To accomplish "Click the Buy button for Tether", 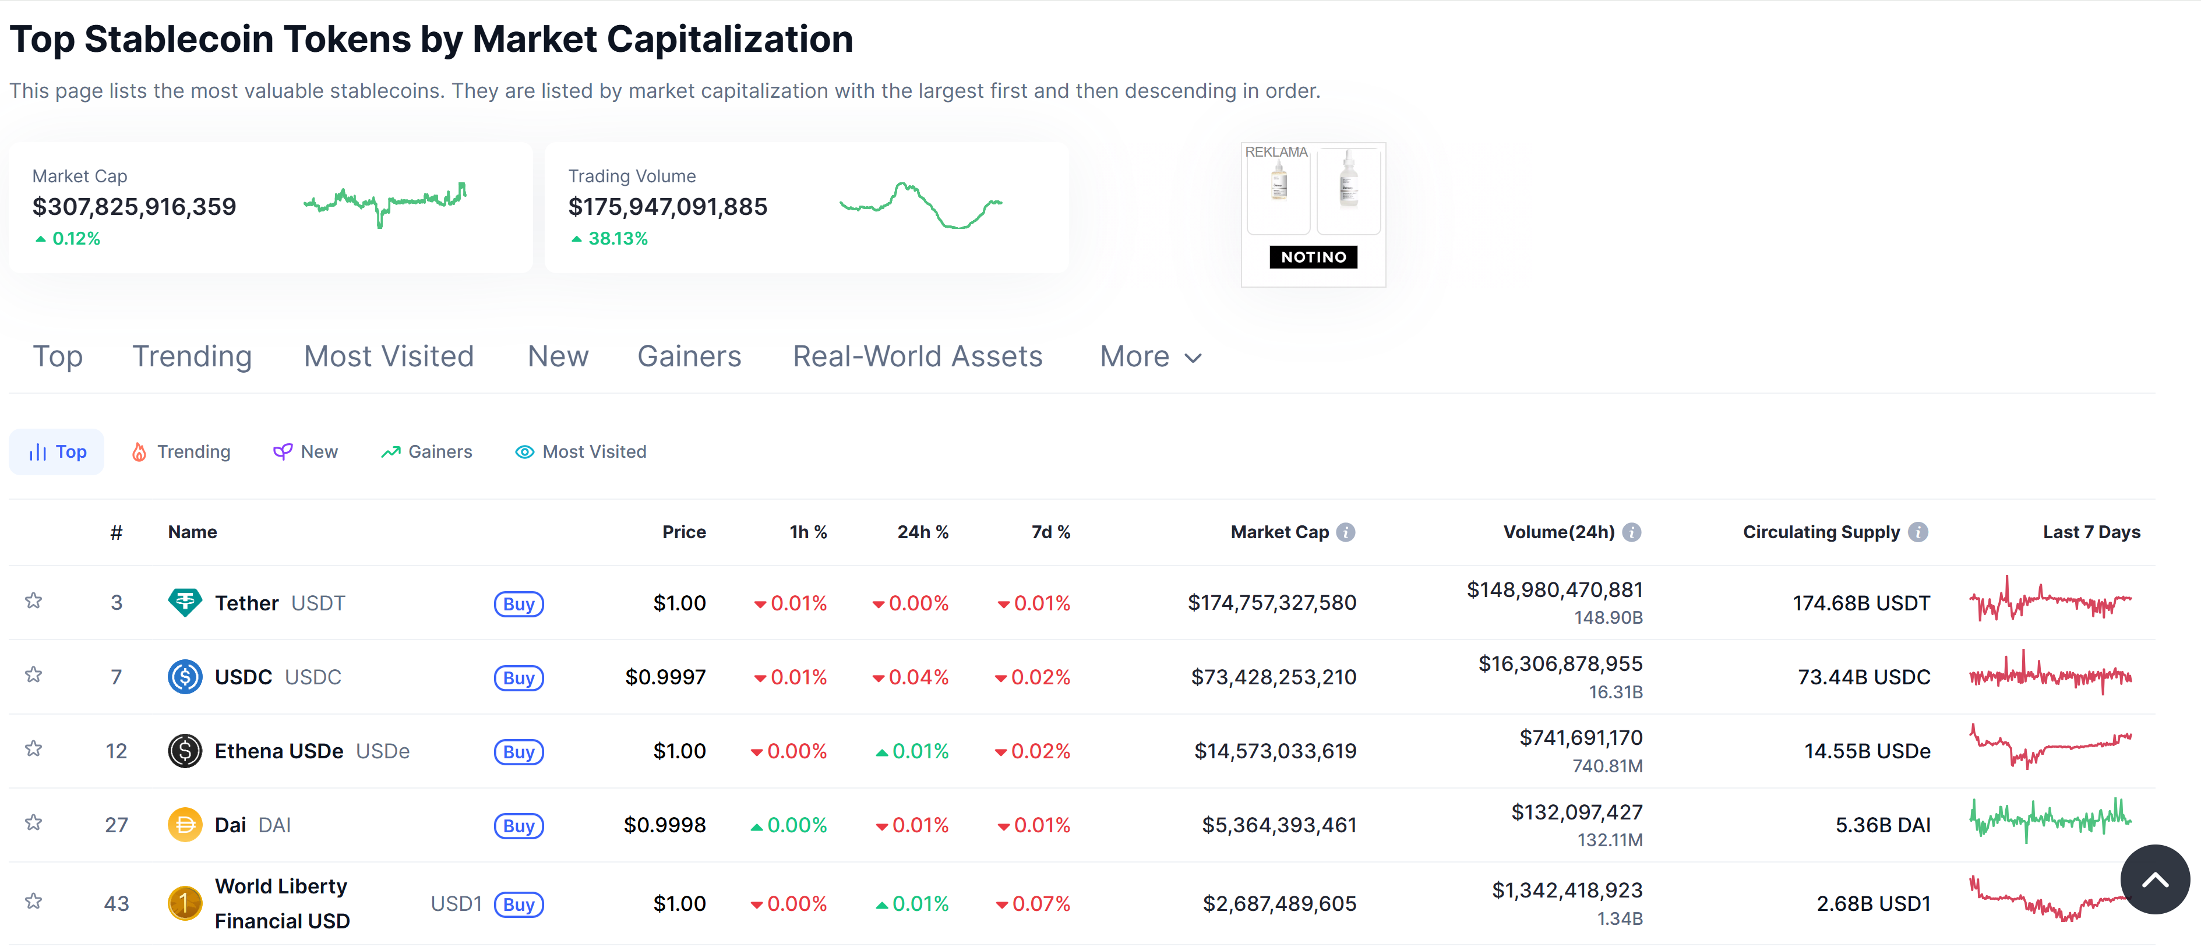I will pos(518,604).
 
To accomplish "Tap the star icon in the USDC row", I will pos(33,676).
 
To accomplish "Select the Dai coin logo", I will pos(185,825).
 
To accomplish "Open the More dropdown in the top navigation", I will pos(1150,357).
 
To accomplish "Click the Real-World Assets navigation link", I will pos(917,357).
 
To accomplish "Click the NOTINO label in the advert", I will pos(1313,257).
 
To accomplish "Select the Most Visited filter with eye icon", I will pos(580,452).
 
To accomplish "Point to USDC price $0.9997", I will pos(665,677).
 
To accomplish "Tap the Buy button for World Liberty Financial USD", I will pos(518,904).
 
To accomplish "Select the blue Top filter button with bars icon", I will pos(57,452).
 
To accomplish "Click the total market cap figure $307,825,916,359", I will pos(134,207).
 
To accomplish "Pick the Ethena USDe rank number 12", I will pos(116,751).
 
